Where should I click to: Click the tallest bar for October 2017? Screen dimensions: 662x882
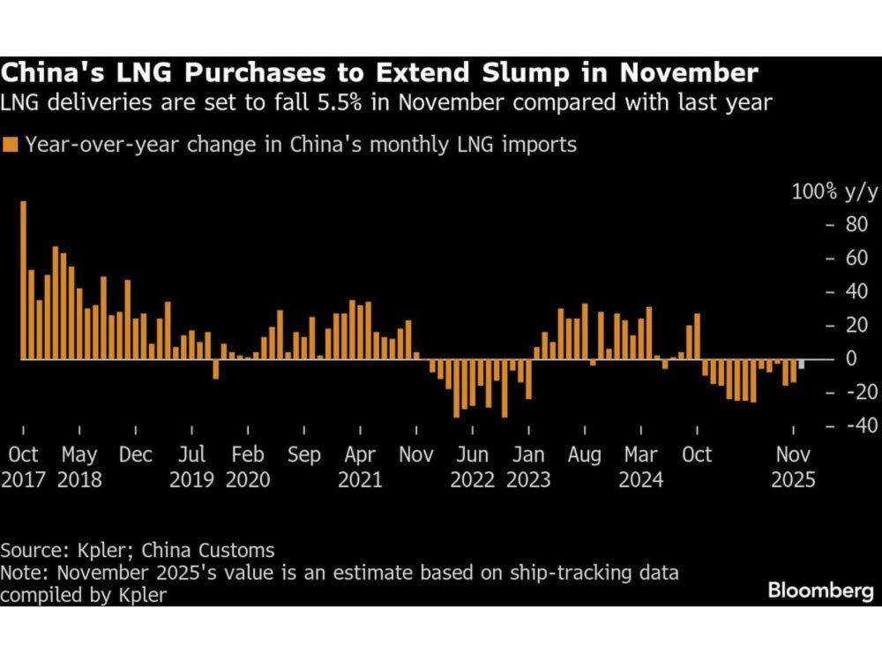23,281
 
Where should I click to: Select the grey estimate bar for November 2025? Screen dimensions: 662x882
801,365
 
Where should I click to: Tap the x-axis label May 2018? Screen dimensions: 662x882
79,467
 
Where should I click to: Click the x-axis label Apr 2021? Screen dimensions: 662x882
360,467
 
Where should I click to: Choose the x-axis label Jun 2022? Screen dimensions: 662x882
472,467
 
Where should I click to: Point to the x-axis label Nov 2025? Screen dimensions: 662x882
793,467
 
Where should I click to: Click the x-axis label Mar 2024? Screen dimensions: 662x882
640,467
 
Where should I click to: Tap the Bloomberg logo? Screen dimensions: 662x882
819,591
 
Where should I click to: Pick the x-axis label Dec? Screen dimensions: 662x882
135,455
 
